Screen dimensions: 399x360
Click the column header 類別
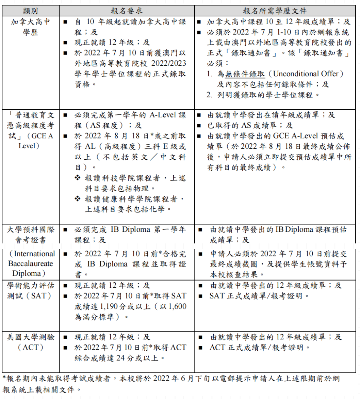coord(30,11)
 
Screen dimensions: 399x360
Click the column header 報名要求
coord(127,11)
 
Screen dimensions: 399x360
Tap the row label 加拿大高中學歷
coord(30,27)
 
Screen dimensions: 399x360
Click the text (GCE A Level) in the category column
coord(30,141)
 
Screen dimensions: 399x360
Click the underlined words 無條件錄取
coord(245,74)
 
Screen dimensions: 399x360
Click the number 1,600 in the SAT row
coord(177,306)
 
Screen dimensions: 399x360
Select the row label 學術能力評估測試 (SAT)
coord(30,290)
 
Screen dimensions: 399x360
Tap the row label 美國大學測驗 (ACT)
coord(30,342)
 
